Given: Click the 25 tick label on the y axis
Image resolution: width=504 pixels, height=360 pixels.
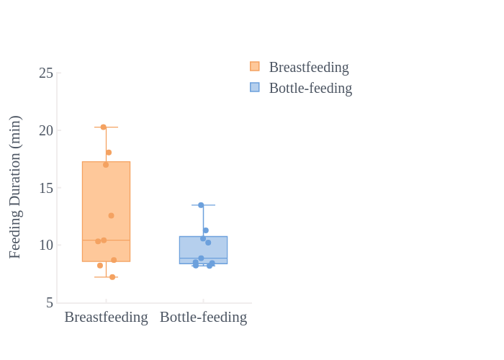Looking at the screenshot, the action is tap(46, 73).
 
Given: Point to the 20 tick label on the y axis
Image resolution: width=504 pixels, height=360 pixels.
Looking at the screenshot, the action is tap(46, 130).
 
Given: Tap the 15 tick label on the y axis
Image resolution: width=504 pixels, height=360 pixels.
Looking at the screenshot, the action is tap(46, 188).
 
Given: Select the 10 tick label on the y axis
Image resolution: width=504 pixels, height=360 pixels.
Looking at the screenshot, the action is tap(46, 246).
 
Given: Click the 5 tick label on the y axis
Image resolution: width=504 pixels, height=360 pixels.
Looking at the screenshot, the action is tap(50, 303).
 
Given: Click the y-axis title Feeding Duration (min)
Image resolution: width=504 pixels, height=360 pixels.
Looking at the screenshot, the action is tap(15, 186).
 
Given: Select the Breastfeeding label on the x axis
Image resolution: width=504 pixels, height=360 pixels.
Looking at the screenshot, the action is tap(106, 317).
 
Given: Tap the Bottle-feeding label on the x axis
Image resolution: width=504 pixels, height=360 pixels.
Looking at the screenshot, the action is tap(204, 317).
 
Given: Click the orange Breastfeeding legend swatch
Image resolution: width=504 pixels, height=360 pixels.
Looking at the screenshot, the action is tap(255, 66).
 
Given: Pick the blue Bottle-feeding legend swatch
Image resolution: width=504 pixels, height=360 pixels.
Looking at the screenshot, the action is tap(255, 87).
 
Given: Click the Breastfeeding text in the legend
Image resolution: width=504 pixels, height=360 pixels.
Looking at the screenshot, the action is tap(309, 67).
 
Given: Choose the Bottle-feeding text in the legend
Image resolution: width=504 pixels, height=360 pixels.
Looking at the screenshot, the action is tap(310, 88).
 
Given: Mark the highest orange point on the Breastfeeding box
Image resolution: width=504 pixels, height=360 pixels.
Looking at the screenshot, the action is tap(104, 127).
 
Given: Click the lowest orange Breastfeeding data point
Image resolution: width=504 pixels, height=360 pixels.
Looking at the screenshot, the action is tap(112, 277).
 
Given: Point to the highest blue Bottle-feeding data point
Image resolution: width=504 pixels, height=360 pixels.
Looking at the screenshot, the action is tap(201, 205).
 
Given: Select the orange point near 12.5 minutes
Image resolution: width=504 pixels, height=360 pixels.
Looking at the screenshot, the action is tap(111, 216).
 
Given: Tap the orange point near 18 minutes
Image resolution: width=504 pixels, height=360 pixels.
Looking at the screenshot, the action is tap(109, 153).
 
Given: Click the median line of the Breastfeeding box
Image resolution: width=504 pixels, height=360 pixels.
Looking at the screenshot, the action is tap(106, 240).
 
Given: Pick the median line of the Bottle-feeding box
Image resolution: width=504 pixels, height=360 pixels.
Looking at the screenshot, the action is tap(204, 258).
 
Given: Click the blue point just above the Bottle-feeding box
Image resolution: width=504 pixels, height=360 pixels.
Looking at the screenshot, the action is tap(206, 230).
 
